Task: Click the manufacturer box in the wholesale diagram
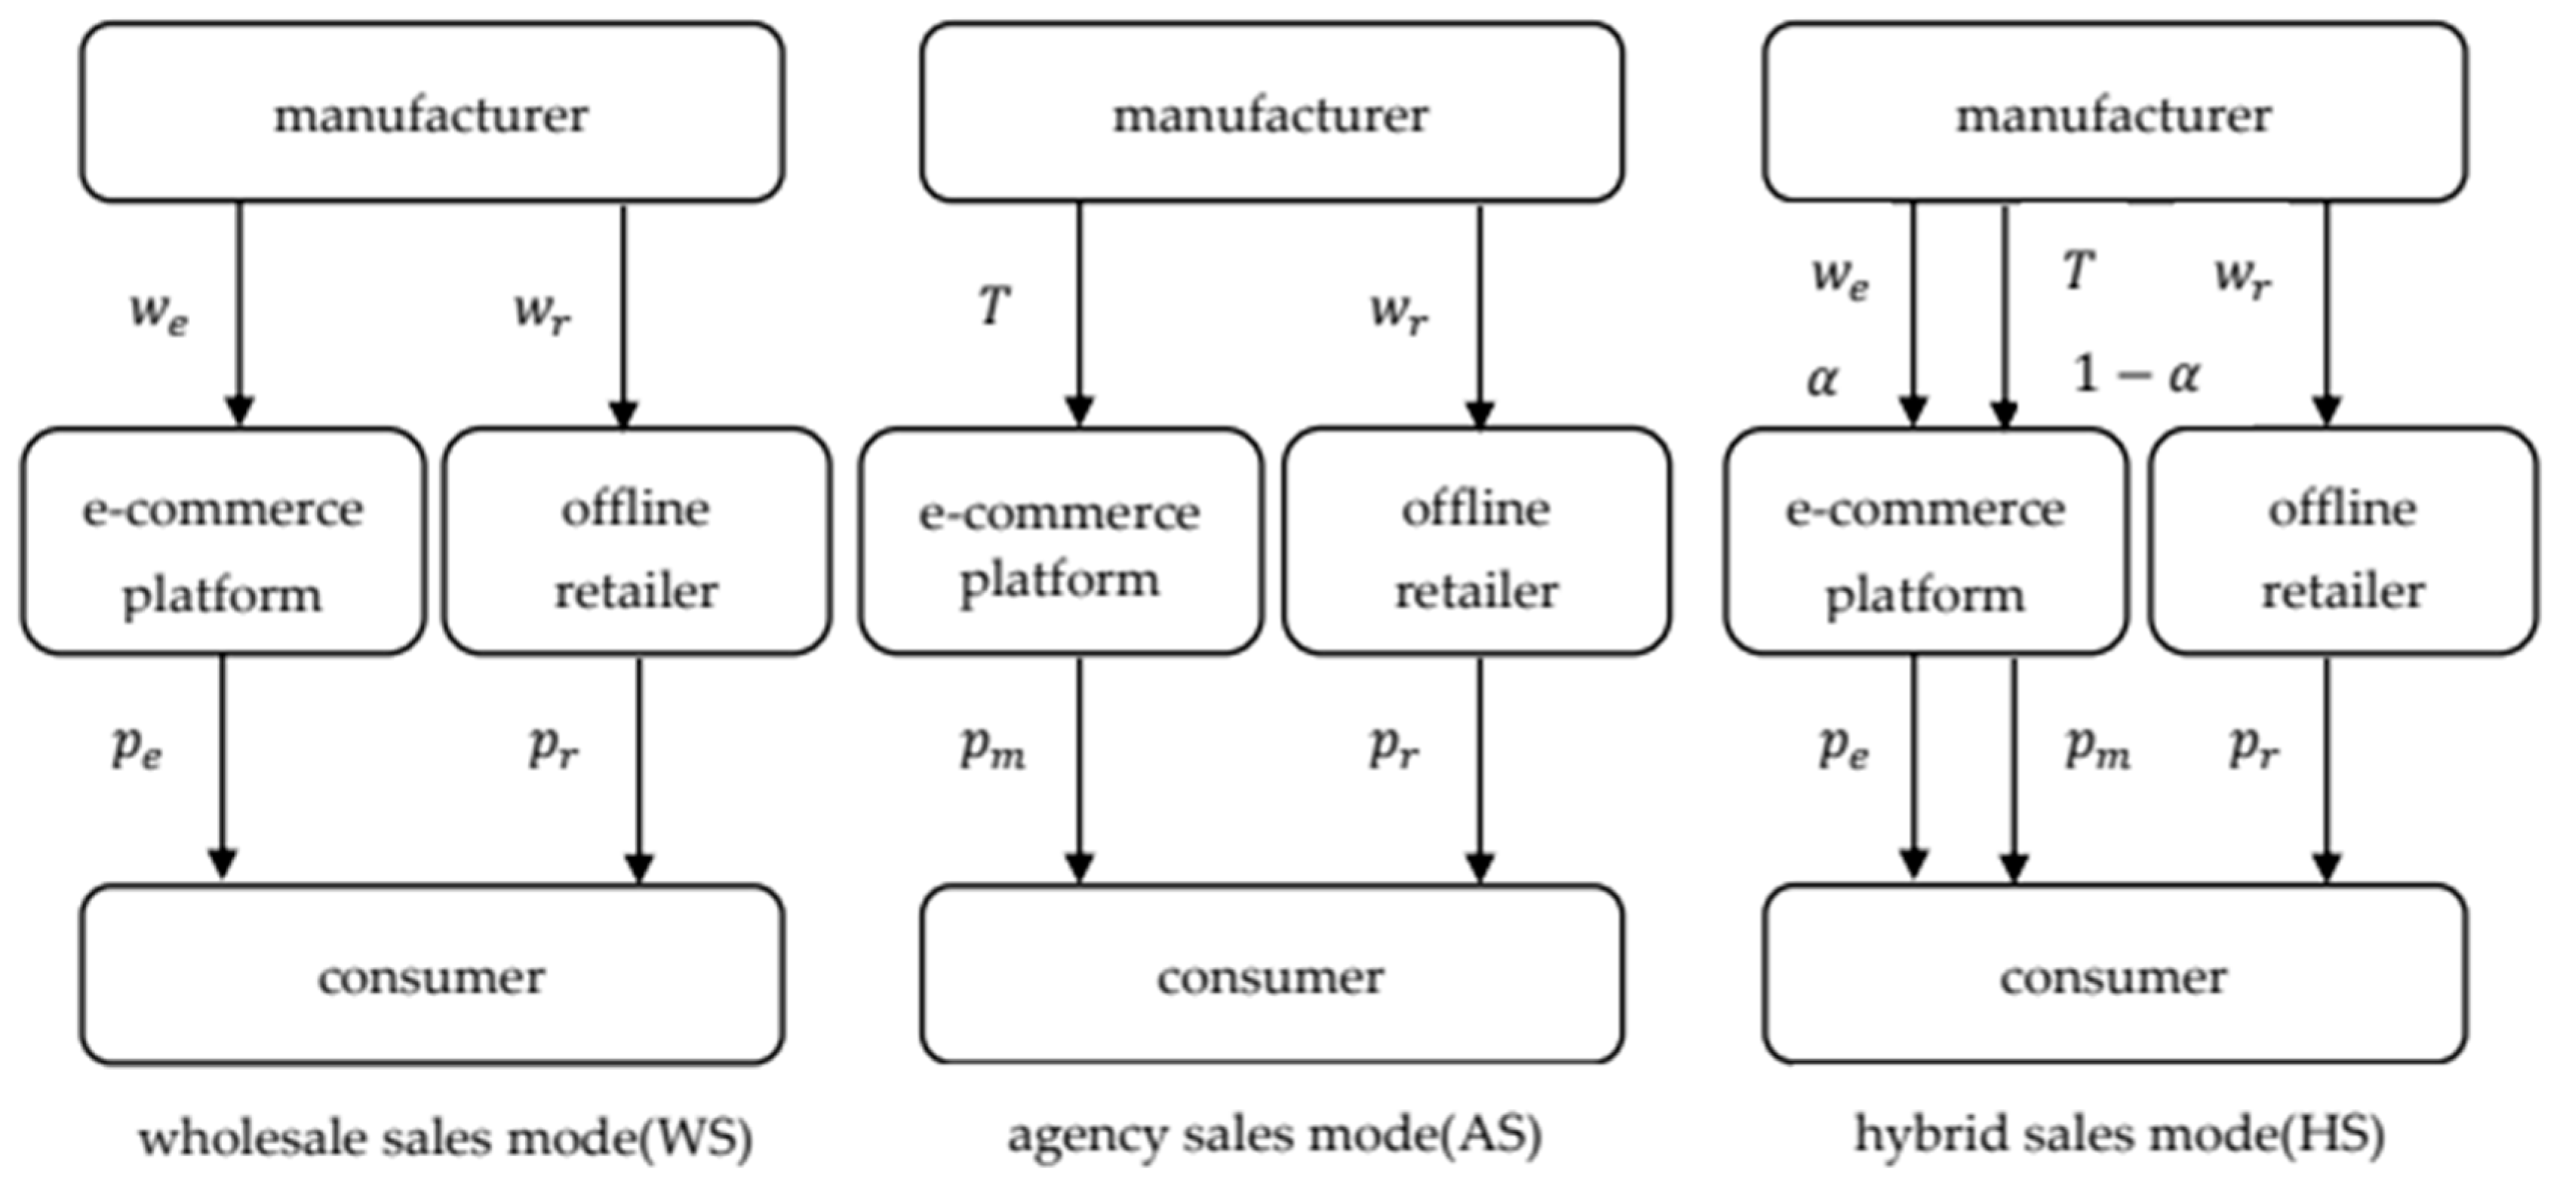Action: [431, 113]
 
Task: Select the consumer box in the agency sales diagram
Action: [1271, 975]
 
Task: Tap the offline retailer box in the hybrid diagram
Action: [2342, 543]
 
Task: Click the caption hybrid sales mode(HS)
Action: [2119, 1134]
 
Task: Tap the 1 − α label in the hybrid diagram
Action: [2135, 375]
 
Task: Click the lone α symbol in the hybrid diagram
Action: [1822, 379]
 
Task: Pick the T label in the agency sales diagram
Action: [993, 305]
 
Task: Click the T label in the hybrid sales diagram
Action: [2077, 271]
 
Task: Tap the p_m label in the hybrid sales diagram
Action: [2097, 748]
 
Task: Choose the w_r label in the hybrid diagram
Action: [2242, 277]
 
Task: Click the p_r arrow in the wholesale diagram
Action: [639, 766]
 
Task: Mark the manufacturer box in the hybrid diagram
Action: [2114, 113]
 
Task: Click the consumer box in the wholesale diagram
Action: [431, 975]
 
